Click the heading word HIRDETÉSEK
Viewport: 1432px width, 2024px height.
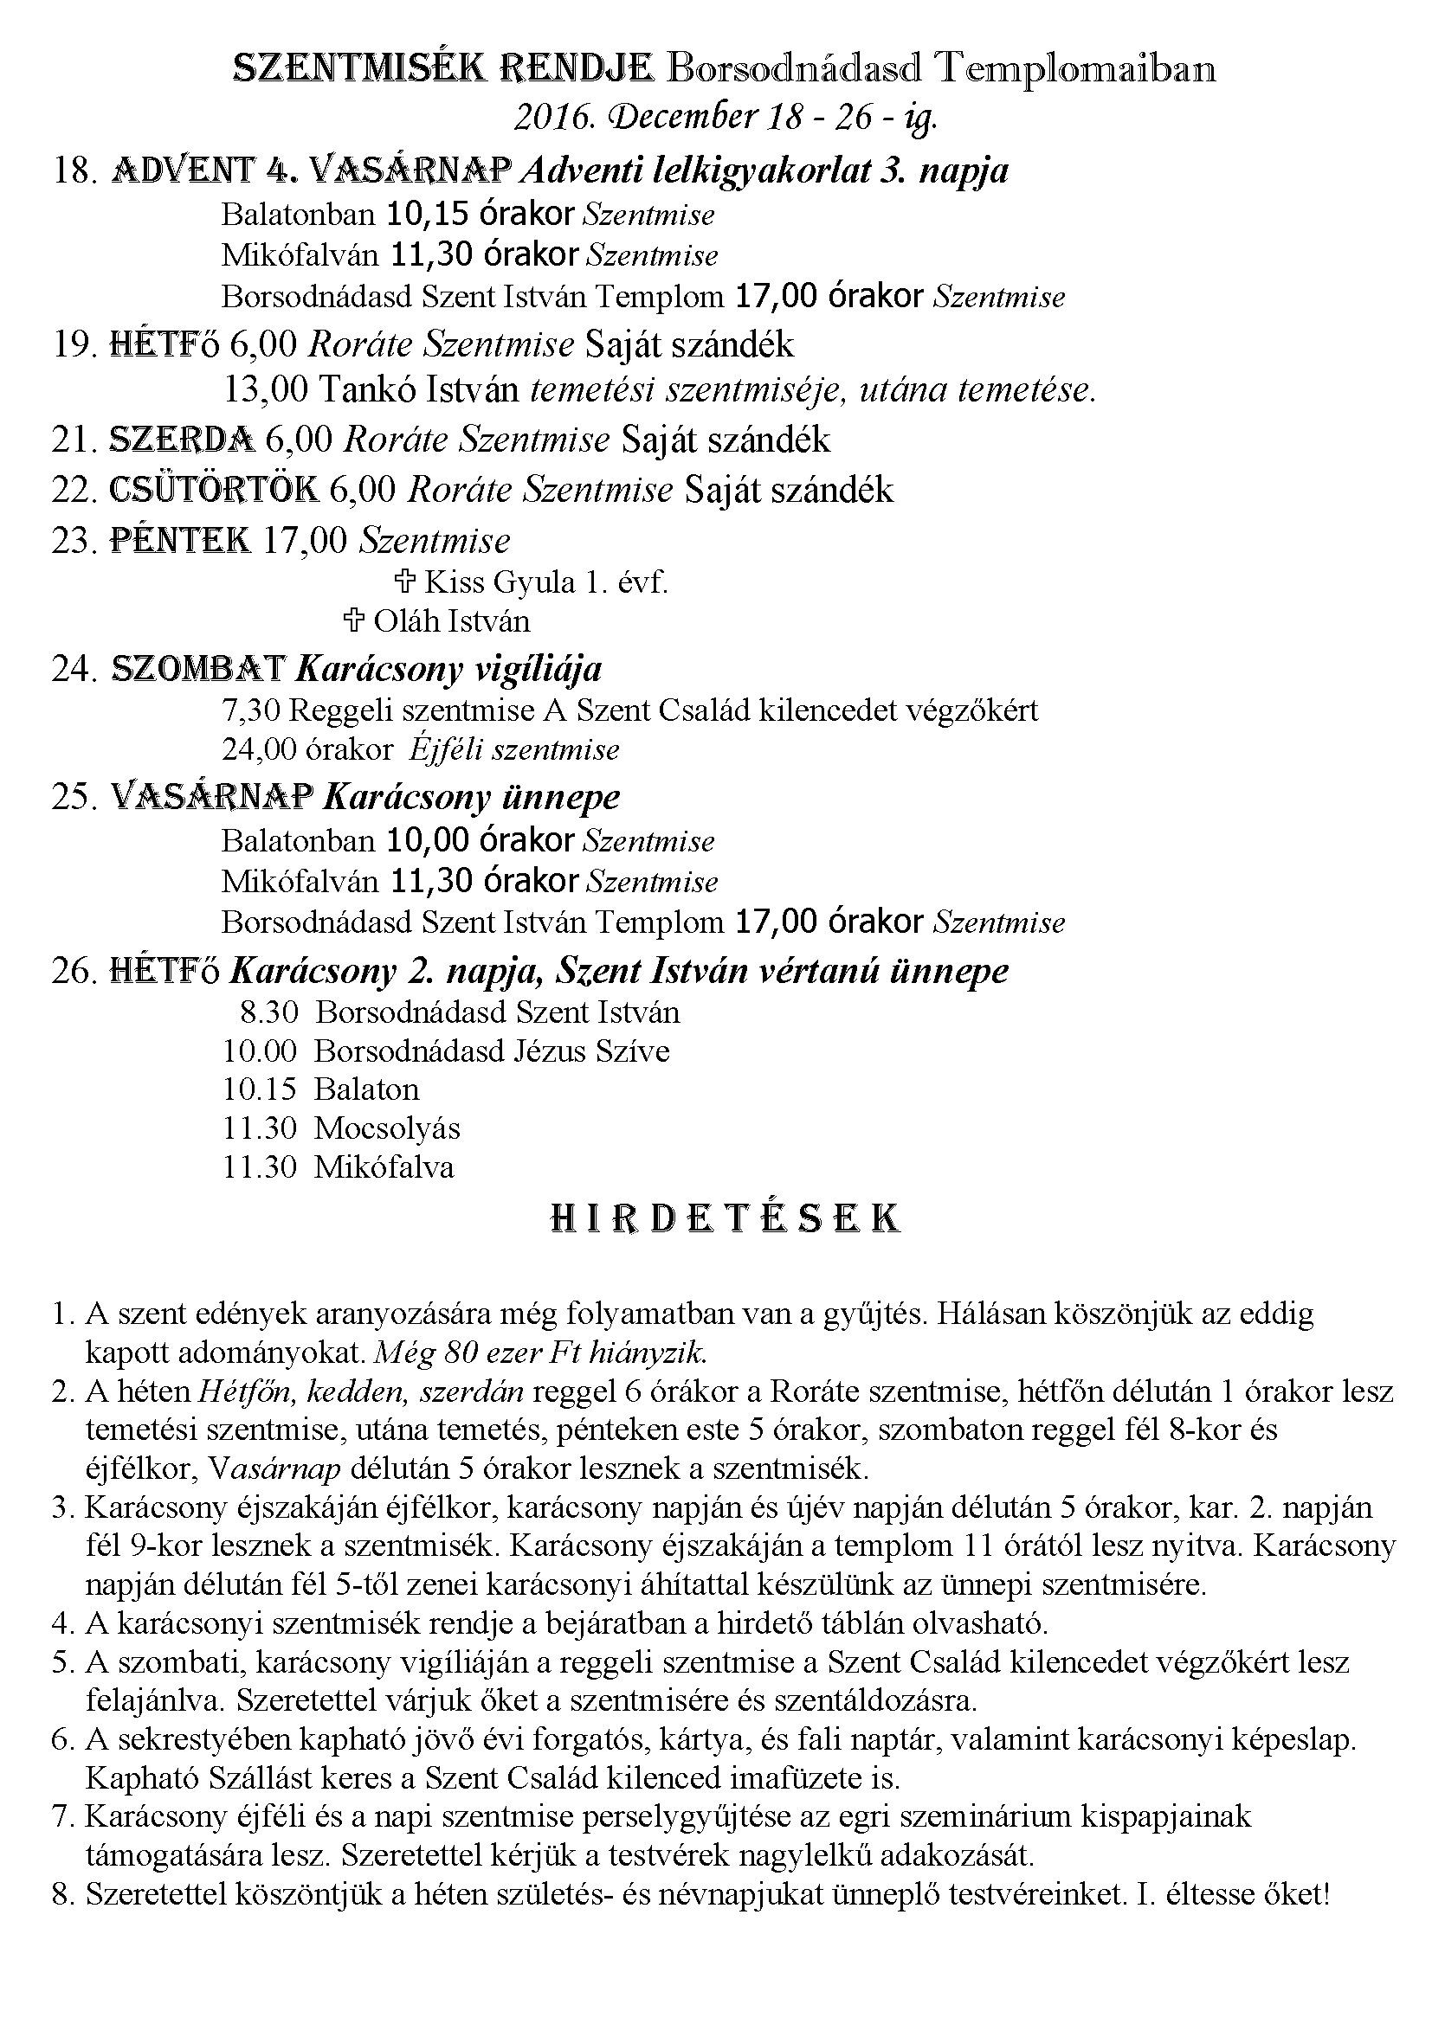pyautogui.click(x=724, y=1218)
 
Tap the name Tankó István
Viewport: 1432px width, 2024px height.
pyautogui.click(x=419, y=389)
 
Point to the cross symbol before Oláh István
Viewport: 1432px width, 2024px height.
pyautogui.click(x=353, y=621)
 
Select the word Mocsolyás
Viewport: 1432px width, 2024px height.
pyautogui.click(x=387, y=1128)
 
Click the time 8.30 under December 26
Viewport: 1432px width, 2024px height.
pyautogui.click(x=269, y=1012)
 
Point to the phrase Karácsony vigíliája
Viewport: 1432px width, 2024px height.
pyautogui.click(x=448, y=669)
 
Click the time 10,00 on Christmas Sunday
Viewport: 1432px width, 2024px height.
pyautogui.click(x=428, y=840)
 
